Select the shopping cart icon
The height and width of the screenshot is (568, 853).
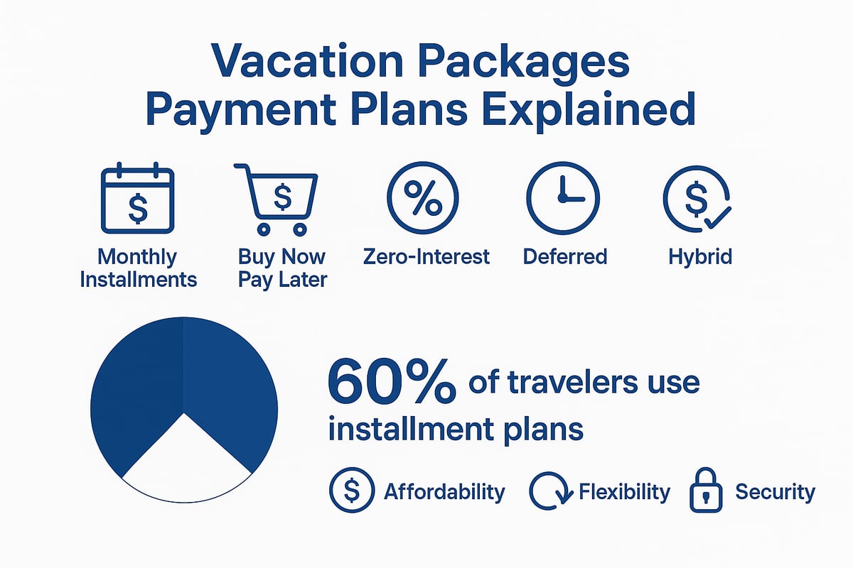coord(277,198)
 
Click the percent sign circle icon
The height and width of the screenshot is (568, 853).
coord(422,198)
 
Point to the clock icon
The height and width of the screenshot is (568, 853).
coord(562,198)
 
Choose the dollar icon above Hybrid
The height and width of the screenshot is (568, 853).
coord(696,198)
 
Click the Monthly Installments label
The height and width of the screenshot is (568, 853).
coord(138,268)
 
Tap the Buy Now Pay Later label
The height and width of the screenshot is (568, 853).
coord(282,268)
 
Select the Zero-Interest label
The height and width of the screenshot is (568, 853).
coord(426,256)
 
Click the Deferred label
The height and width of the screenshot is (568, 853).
coord(565,256)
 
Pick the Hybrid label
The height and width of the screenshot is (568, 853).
coord(700,256)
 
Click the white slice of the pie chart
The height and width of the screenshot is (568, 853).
coord(186,461)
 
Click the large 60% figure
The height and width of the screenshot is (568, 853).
coord(390,383)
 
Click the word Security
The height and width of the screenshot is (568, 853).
coord(774,491)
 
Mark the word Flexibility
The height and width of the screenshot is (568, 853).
coord(624,491)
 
